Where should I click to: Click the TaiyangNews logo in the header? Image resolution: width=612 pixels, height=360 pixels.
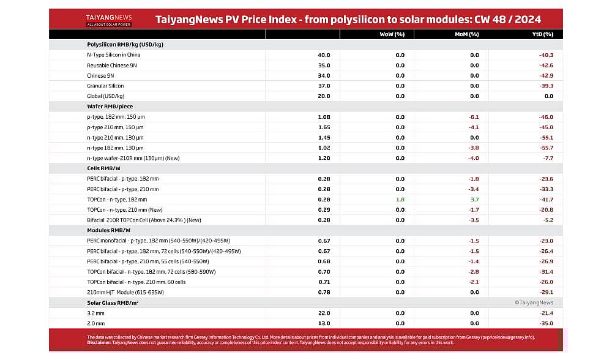pyautogui.click(x=109, y=20)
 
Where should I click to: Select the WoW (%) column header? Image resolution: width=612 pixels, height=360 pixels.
pyautogui.click(x=392, y=34)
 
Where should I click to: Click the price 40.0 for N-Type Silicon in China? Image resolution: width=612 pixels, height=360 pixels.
pyautogui.click(x=324, y=55)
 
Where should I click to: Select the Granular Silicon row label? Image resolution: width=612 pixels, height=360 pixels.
pyautogui.click(x=105, y=86)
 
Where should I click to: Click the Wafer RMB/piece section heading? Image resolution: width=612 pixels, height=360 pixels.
pyautogui.click(x=110, y=107)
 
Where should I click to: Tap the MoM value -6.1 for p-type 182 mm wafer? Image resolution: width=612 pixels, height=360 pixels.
pyautogui.click(x=473, y=117)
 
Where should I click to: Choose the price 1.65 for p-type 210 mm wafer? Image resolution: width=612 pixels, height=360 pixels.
pyautogui.click(x=324, y=127)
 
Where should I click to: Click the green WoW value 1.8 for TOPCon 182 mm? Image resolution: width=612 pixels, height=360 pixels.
pyautogui.click(x=400, y=200)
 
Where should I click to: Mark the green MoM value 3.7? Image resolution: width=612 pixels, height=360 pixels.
pyautogui.click(x=474, y=200)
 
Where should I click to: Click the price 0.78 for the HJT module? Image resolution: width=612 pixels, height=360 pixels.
pyautogui.click(x=324, y=292)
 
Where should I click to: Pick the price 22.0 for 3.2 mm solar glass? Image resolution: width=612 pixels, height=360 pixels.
pyautogui.click(x=324, y=313)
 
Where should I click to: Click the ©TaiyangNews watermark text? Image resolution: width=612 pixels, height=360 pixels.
pyautogui.click(x=534, y=302)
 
